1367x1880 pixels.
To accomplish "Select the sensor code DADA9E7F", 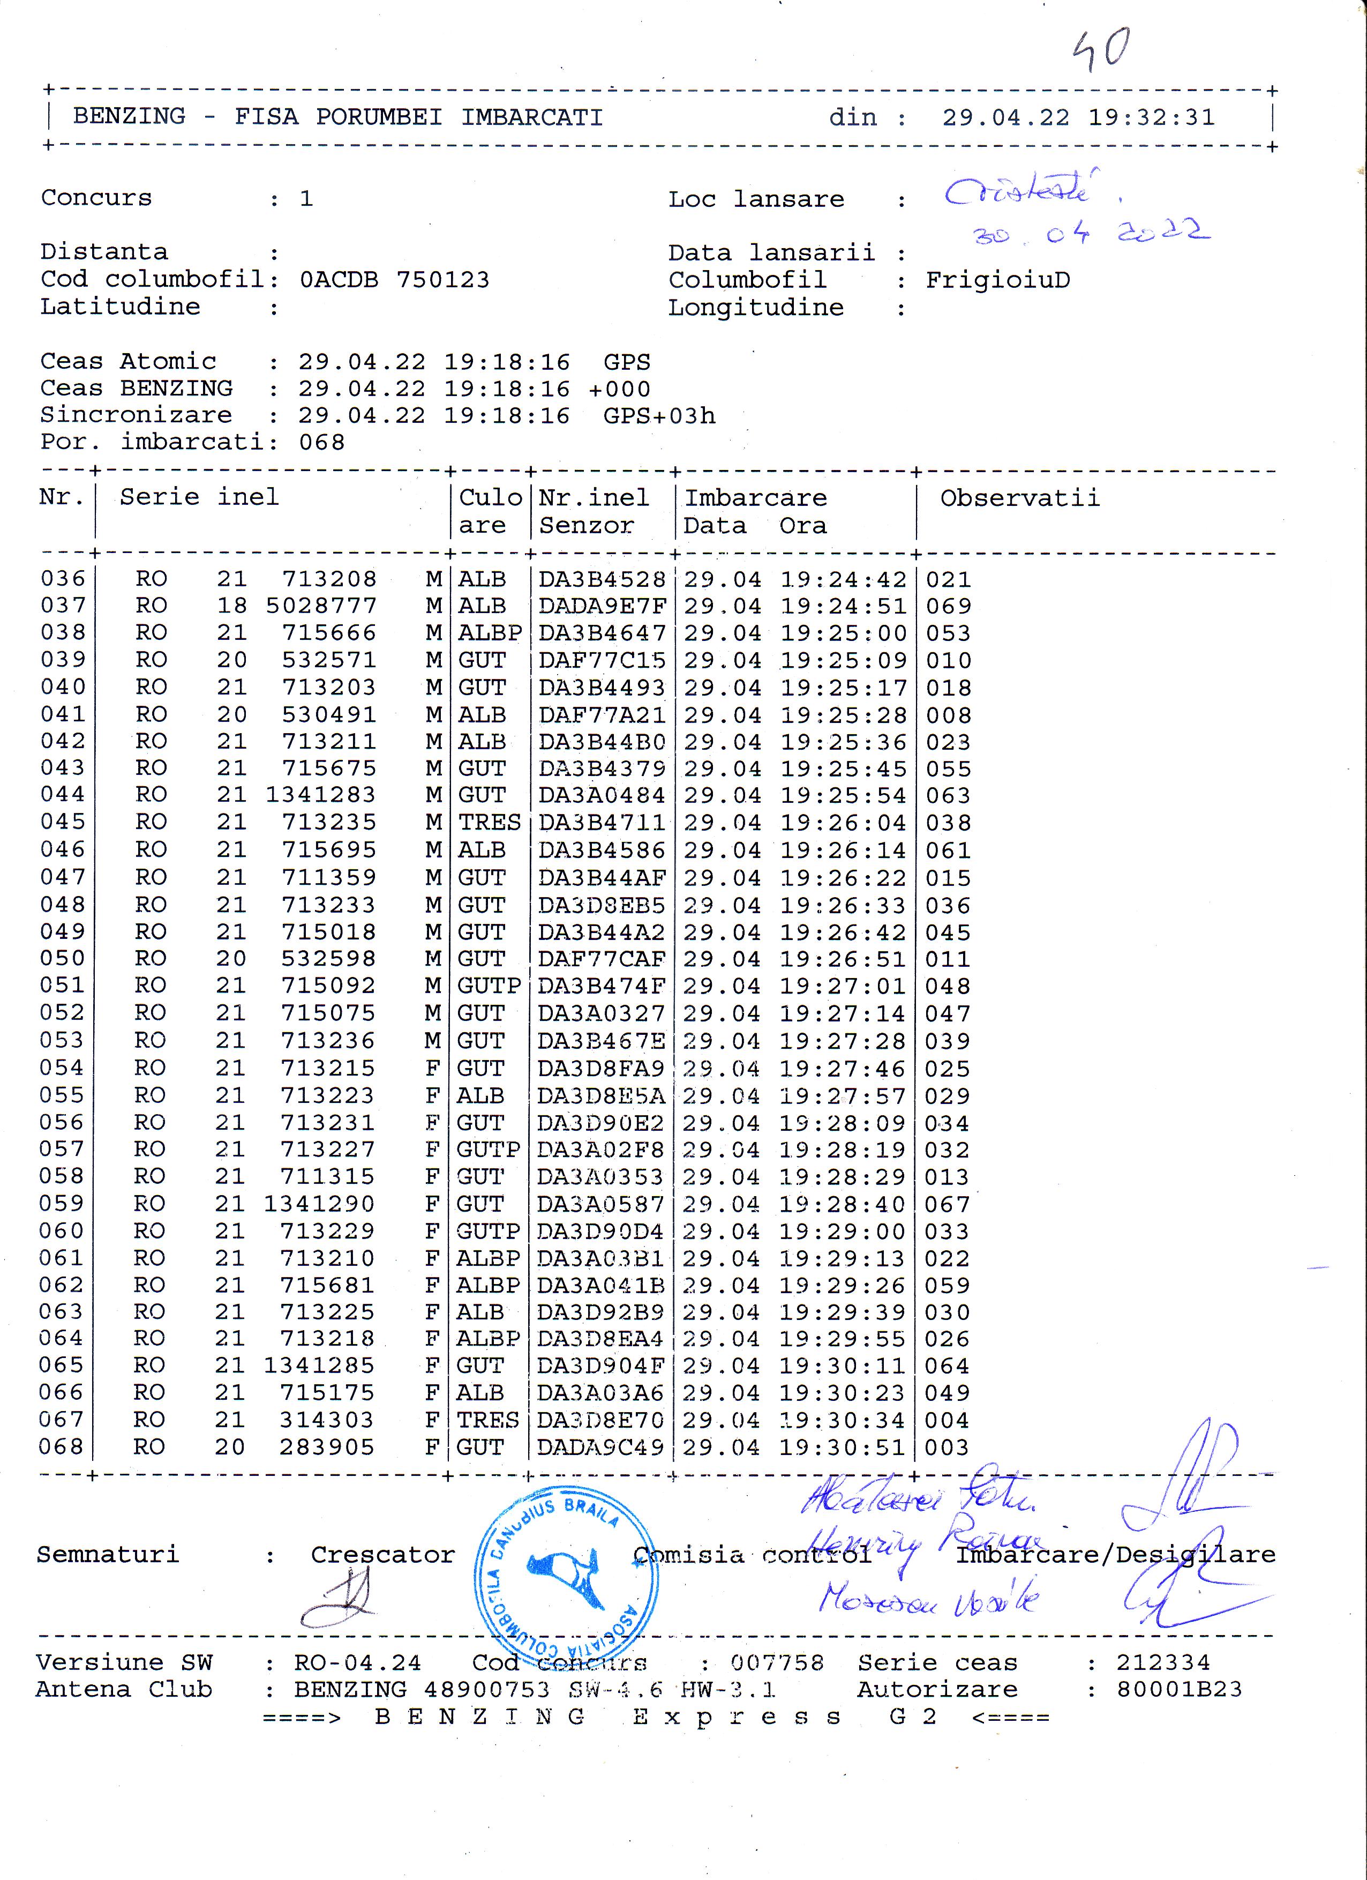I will click(x=602, y=606).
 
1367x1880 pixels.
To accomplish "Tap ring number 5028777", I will click(x=321, y=606).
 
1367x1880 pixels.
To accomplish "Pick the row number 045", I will click(x=63, y=822).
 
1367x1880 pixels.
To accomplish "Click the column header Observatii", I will click(x=1020, y=498).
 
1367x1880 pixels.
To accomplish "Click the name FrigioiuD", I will click(x=997, y=280).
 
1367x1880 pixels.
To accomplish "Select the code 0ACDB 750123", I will click(x=394, y=280).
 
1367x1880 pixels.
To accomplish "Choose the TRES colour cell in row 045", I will click(x=490, y=822).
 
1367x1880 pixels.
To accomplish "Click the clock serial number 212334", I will click(x=1162, y=1662).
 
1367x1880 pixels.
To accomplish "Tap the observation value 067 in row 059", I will click(x=947, y=1204).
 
